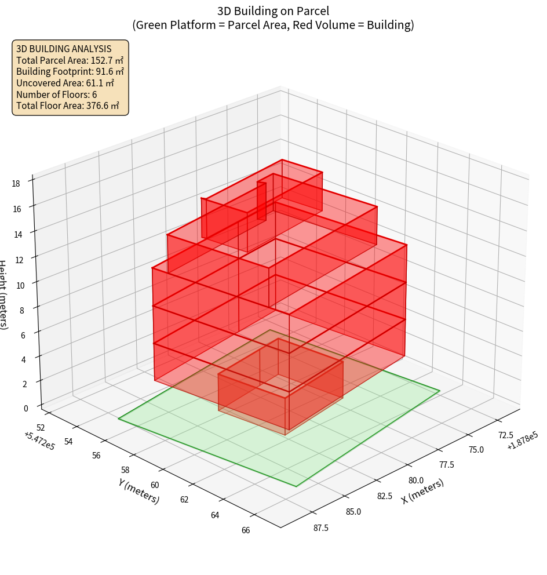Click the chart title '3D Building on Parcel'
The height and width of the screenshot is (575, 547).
(x=273, y=10)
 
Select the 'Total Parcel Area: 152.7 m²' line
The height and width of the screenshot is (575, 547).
(x=70, y=60)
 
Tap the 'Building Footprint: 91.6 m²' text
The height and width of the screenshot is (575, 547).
(x=70, y=71)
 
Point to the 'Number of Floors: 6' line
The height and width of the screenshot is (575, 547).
(x=57, y=94)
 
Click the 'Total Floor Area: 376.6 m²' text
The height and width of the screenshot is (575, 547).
(x=68, y=105)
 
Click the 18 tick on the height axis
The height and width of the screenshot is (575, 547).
(x=16, y=184)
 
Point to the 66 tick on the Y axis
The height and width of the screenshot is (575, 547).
(x=246, y=529)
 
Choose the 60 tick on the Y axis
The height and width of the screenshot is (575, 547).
(x=155, y=485)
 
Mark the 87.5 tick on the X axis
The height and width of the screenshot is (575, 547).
(x=321, y=527)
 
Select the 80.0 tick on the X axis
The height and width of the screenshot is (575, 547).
(x=415, y=481)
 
